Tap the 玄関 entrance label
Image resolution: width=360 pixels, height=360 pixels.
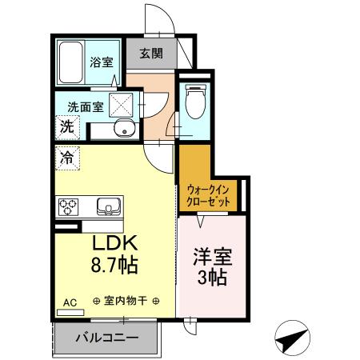pos(151,54)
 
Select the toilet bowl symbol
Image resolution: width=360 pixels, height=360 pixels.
pos(192,102)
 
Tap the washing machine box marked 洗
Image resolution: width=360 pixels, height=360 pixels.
pos(67,126)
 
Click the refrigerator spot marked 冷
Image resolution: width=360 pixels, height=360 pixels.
pos(67,158)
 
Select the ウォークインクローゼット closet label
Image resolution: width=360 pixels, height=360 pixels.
pos(210,196)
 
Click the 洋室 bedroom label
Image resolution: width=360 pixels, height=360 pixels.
pos(212,258)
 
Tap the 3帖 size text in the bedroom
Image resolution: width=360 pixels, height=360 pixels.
pos(212,278)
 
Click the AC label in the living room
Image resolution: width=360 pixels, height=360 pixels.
pos(69,302)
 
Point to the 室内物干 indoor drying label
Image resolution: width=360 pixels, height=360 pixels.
pos(126,302)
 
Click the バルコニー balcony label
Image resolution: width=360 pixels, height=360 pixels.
pos(106,337)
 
